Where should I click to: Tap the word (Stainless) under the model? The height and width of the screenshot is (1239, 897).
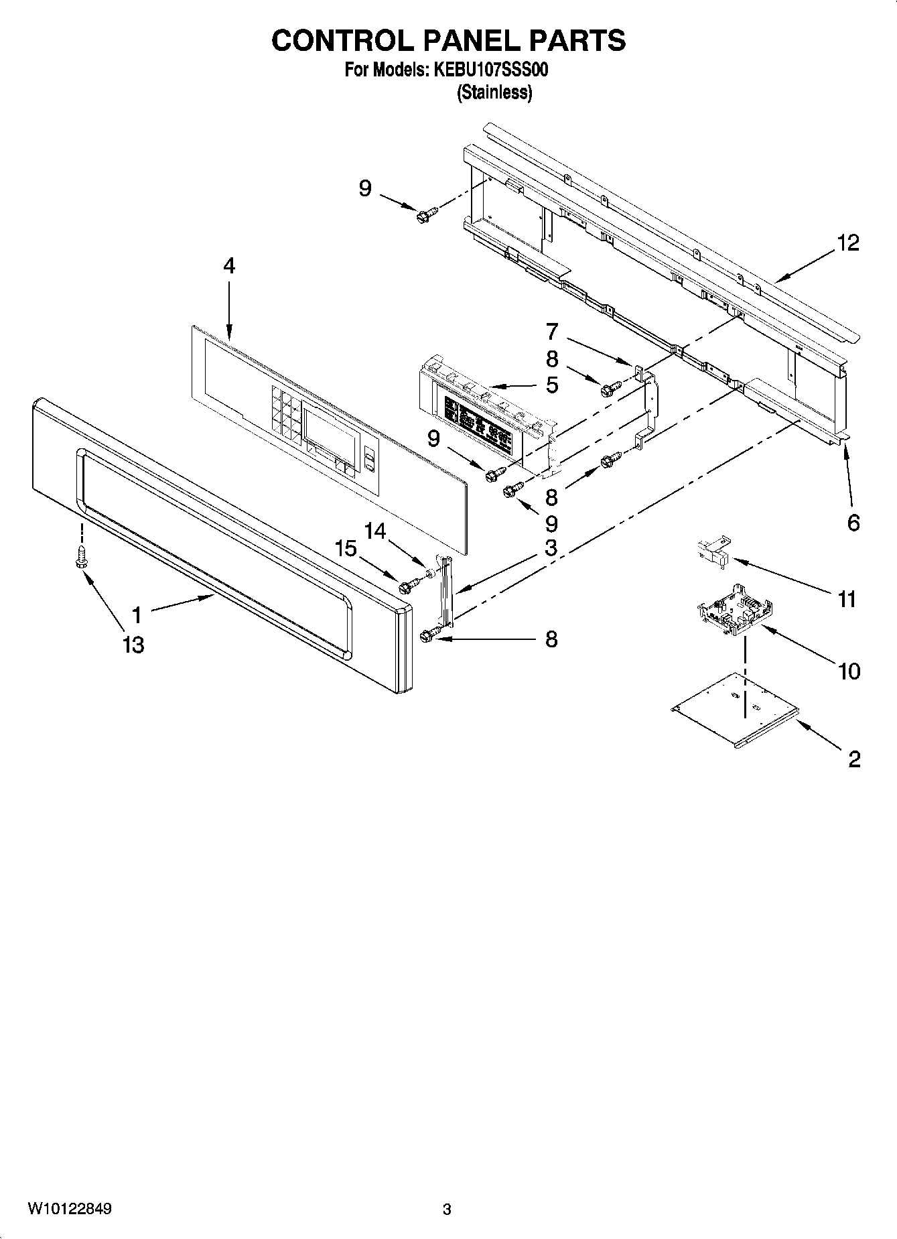pyautogui.click(x=494, y=93)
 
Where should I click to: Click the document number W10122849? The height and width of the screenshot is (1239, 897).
pyautogui.click(x=70, y=1209)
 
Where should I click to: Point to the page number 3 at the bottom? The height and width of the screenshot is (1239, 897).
pyautogui.click(x=447, y=1210)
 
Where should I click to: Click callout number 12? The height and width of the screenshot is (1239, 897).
pyautogui.click(x=847, y=243)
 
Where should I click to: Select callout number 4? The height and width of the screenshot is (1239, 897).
pyautogui.click(x=229, y=266)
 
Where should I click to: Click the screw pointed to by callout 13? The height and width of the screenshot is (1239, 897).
pyautogui.click(x=82, y=556)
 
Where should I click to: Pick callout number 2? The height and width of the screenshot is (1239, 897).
pyautogui.click(x=854, y=759)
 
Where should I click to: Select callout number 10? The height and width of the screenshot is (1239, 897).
pyautogui.click(x=849, y=670)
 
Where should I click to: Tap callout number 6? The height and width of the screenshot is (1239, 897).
pyautogui.click(x=853, y=523)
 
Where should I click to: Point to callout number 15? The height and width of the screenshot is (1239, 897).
pyautogui.click(x=346, y=548)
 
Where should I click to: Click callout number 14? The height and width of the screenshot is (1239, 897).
pyautogui.click(x=375, y=531)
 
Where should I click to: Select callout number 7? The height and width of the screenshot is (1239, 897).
pyautogui.click(x=551, y=331)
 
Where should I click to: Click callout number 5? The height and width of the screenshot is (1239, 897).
pyautogui.click(x=551, y=385)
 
